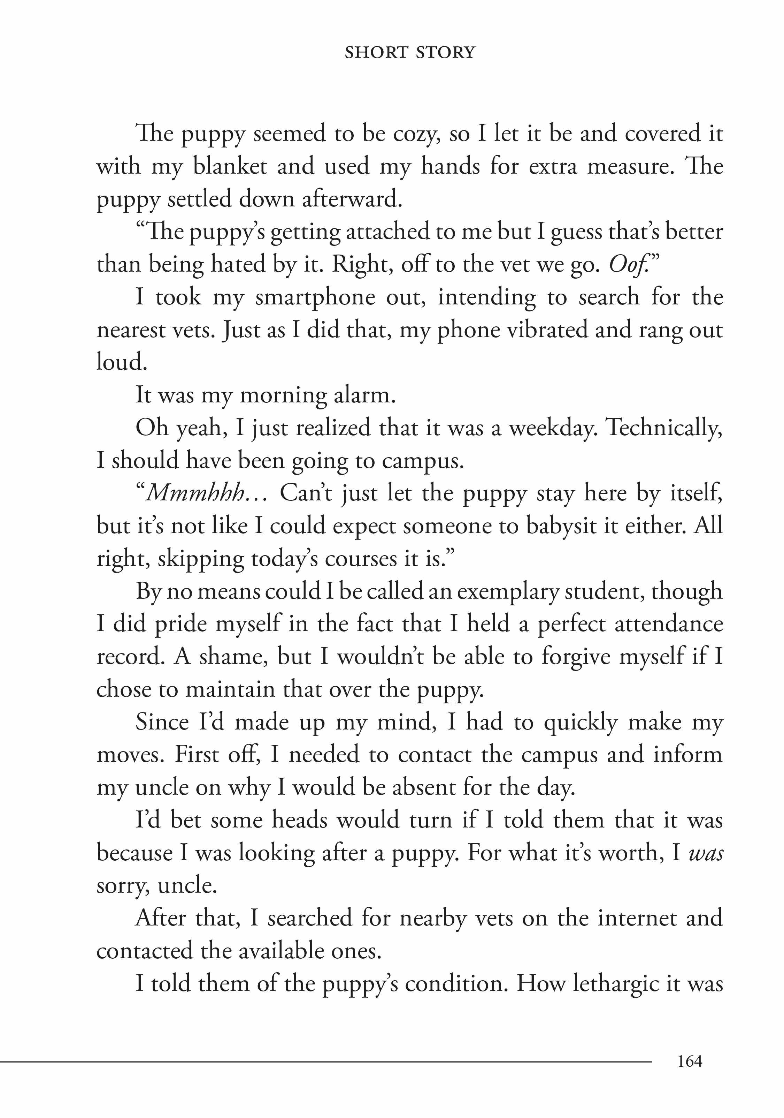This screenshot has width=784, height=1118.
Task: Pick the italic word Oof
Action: pos(627,265)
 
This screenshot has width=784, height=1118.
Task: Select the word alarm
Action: pos(364,396)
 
